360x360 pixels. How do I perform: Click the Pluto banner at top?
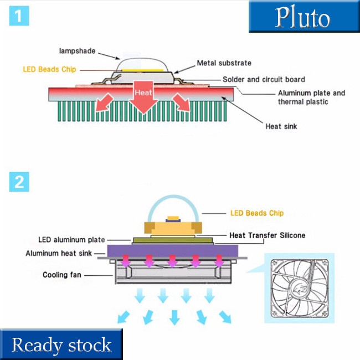[x=304, y=17]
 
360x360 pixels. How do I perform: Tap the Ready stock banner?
[x=61, y=344]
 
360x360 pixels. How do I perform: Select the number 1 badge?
[x=19, y=16]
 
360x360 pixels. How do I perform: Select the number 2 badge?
[x=19, y=182]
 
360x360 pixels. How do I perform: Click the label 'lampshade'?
[x=77, y=51]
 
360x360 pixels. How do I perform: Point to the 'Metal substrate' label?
[x=224, y=63]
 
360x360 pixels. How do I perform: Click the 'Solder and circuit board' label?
[x=264, y=79]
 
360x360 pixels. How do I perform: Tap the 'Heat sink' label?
[x=281, y=126]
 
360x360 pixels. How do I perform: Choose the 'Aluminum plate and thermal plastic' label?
[x=311, y=97]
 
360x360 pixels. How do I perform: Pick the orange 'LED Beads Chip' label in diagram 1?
[x=49, y=70]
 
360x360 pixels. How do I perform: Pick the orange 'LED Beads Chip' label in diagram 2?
[x=256, y=213]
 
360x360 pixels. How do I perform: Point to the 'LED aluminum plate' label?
[x=71, y=240]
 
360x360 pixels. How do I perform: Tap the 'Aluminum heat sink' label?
[x=58, y=253]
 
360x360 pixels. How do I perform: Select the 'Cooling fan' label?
[x=63, y=275]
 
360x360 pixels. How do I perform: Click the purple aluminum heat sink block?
[x=172, y=250]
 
